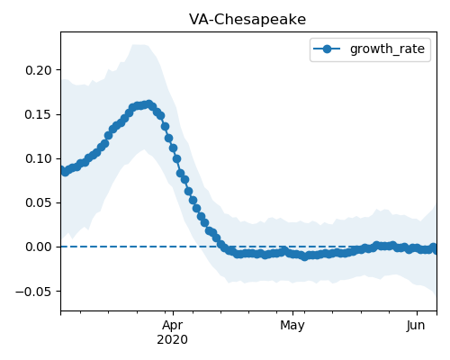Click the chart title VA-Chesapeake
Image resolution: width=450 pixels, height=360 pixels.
coord(247,20)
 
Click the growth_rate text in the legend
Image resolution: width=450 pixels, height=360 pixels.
coord(387,49)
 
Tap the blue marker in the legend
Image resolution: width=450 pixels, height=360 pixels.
coord(327,49)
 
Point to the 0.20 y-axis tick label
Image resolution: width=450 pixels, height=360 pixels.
coord(39,70)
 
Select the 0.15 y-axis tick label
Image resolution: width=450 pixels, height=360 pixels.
coord(39,114)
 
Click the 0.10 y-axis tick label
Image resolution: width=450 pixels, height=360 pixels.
coord(39,158)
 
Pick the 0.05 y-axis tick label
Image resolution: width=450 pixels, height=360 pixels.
coord(39,202)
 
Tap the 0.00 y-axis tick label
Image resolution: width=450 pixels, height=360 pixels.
coord(39,247)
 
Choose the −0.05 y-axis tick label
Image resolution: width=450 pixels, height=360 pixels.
coord(34,292)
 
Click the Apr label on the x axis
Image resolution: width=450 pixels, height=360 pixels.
coord(173,325)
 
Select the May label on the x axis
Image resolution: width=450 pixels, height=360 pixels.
coord(292,325)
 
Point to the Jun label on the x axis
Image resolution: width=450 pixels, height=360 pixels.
coord(416,325)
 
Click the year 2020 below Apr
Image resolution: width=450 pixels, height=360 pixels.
coord(173,339)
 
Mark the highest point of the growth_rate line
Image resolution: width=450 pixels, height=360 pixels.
coord(148,104)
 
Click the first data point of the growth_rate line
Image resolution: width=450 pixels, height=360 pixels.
coord(61,170)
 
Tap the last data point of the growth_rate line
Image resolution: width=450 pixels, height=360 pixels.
coord(434,248)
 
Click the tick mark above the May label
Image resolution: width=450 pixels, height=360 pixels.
coord(292,313)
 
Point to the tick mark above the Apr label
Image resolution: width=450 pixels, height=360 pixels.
coord(173,313)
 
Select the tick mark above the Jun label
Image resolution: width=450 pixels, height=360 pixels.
coord(417,313)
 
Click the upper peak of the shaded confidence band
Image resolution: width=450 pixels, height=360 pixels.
coord(139,45)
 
